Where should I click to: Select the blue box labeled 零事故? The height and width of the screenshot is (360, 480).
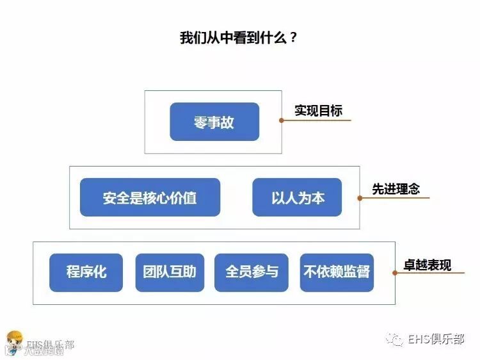(214, 122)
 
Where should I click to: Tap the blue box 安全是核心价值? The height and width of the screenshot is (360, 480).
(150, 197)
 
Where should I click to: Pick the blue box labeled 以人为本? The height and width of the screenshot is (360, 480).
(297, 197)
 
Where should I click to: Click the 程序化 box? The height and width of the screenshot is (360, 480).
(86, 272)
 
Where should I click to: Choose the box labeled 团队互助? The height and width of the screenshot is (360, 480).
(170, 272)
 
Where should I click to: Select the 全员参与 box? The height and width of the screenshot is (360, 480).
(252, 272)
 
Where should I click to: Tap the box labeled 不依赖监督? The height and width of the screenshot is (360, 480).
(337, 272)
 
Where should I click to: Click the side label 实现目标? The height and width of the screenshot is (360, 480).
(318, 110)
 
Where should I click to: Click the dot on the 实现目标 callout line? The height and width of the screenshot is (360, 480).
(281, 120)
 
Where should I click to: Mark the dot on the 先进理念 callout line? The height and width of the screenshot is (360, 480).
(360, 198)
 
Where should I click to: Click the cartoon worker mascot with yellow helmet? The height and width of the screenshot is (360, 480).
(13, 341)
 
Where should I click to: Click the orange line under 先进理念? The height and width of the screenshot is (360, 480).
(397, 198)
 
